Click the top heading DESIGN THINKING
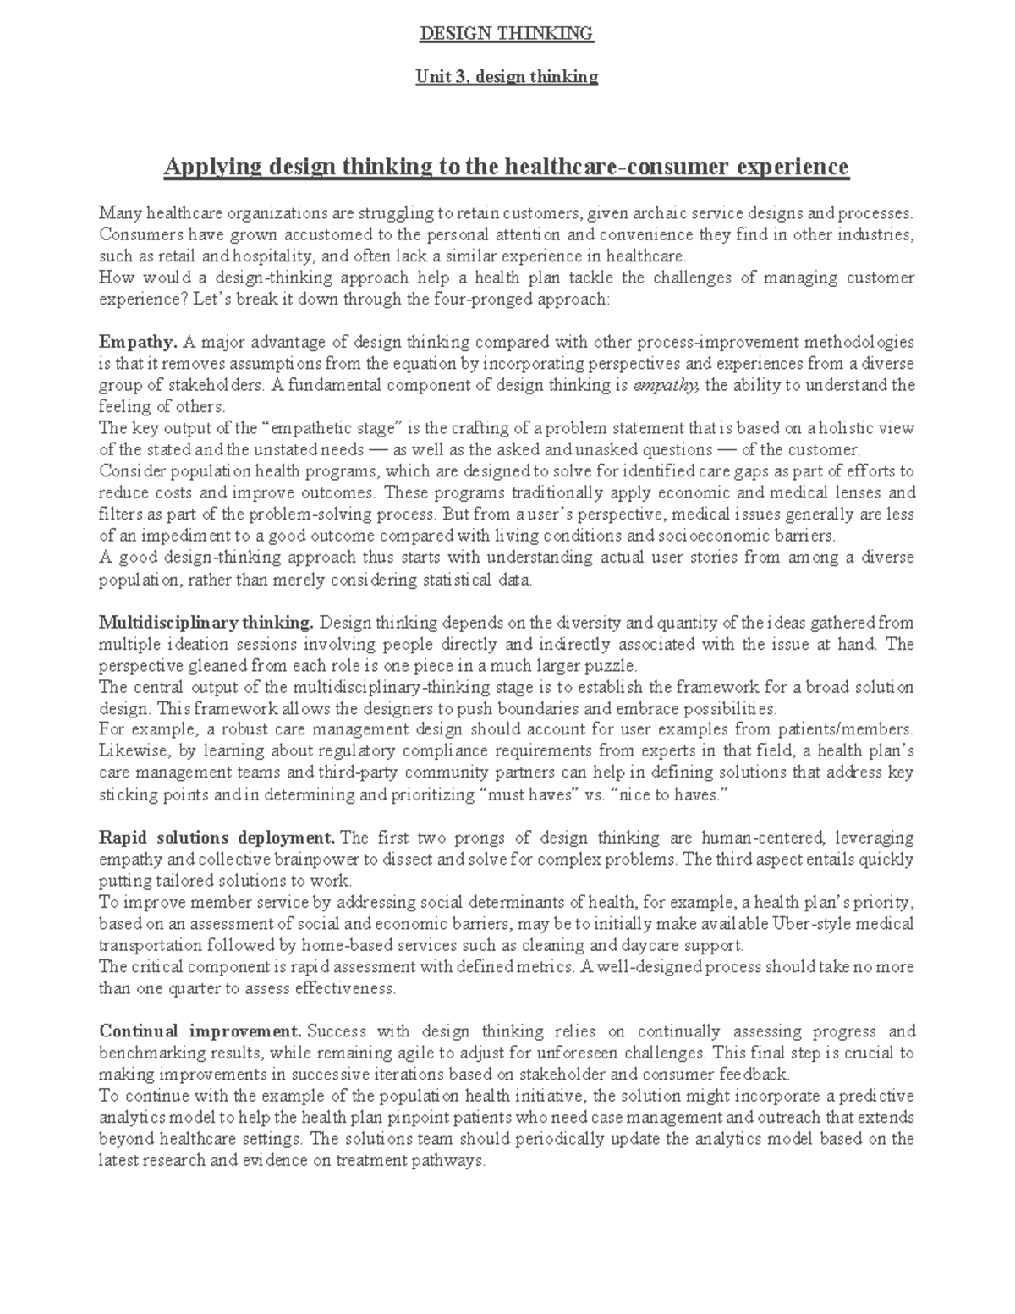(x=507, y=34)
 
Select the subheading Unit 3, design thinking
(x=507, y=77)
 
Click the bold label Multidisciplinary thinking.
(x=206, y=623)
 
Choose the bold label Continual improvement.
(x=200, y=1031)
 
